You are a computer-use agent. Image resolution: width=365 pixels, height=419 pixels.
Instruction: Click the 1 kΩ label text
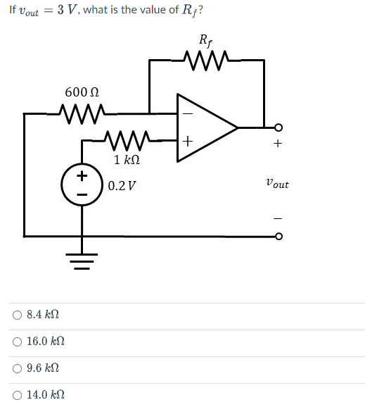coord(127,160)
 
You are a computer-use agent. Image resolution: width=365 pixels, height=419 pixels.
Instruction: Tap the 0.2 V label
coord(123,186)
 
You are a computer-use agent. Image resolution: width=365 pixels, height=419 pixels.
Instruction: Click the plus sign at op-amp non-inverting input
coord(187,142)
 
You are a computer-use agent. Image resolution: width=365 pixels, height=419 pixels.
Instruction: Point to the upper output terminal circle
coord(278,128)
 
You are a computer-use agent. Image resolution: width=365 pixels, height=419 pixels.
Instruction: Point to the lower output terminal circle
coord(278,236)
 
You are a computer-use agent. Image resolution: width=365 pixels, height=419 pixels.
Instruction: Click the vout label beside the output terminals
coord(277,184)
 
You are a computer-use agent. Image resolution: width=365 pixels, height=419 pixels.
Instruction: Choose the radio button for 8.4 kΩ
coord(16,315)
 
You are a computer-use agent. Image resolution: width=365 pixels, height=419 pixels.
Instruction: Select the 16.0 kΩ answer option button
coord(16,342)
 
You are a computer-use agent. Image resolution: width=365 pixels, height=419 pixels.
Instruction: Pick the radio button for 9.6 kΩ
coord(16,368)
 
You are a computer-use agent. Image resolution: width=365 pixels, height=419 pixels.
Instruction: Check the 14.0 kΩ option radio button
coord(16,395)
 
